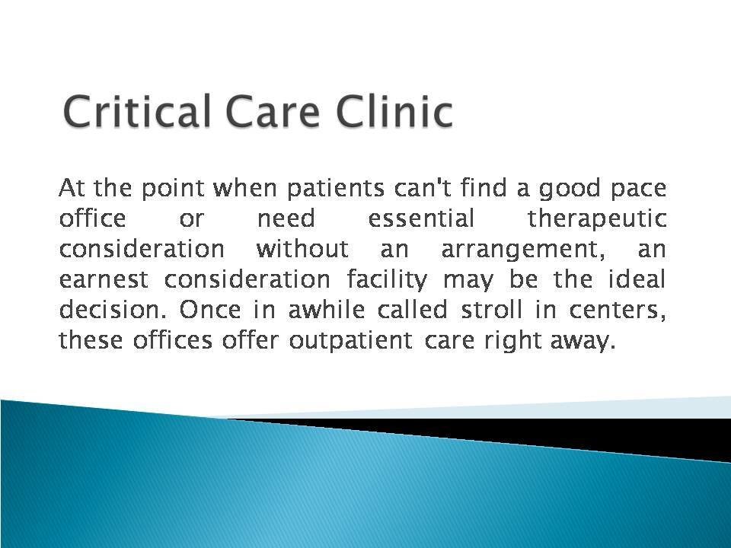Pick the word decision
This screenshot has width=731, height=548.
pyautogui.click(x=98, y=311)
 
